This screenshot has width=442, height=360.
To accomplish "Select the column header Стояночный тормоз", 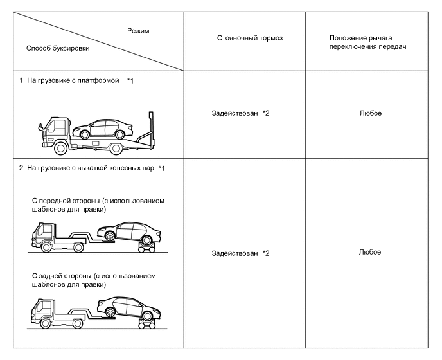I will (250, 39).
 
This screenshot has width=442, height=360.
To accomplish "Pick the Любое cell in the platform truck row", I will (371, 113).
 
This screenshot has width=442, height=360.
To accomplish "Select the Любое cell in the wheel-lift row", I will (371, 251).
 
